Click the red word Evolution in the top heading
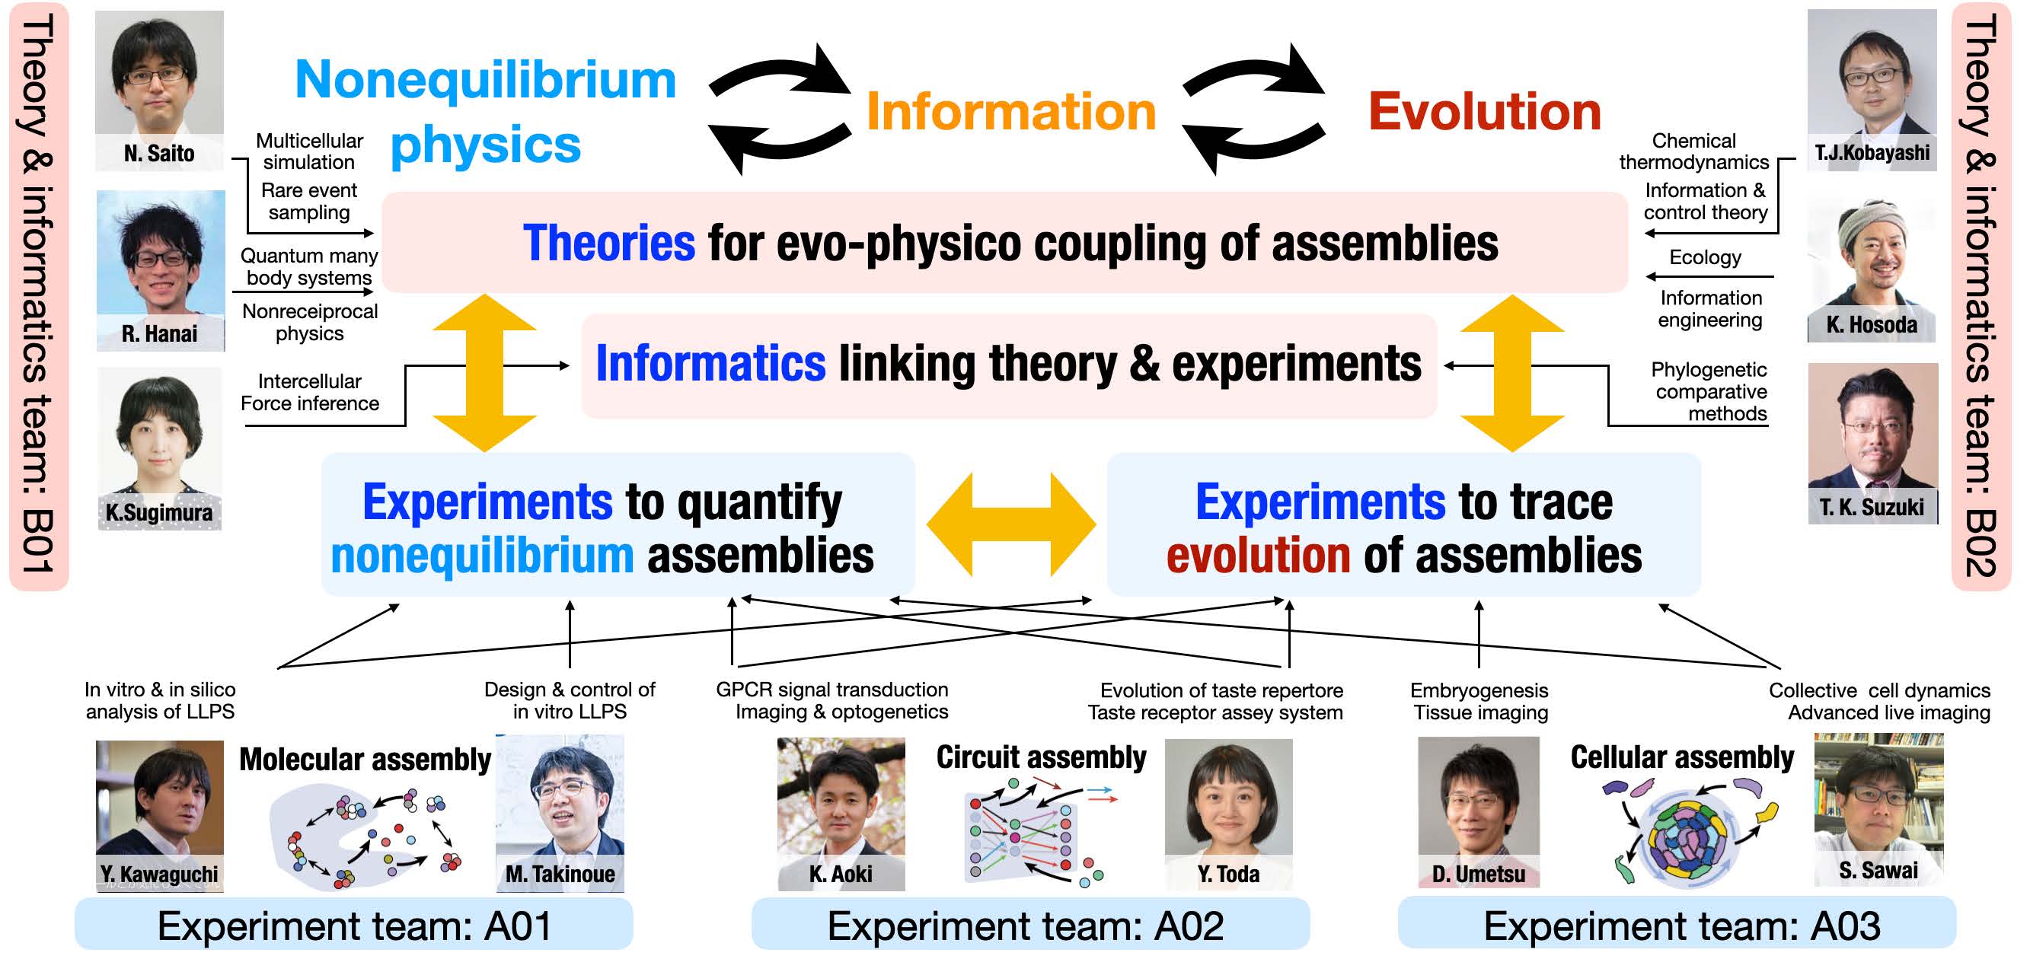[x=1485, y=111]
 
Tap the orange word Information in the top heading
[x=1011, y=111]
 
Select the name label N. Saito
[x=159, y=153]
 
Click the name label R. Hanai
[x=159, y=334]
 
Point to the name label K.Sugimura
[x=159, y=513]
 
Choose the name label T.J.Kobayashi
[x=1872, y=152]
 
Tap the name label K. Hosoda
[x=1872, y=325]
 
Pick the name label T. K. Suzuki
[x=1872, y=507]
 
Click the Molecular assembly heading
[x=365, y=760]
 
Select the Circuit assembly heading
[x=1041, y=757]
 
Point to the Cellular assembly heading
[x=1683, y=757]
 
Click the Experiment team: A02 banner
[x=1030, y=924]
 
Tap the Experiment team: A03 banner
[x=1677, y=924]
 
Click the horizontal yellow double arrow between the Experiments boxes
[x=1011, y=524]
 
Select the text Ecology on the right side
[x=1706, y=258]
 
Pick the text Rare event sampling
[x=309, y=202]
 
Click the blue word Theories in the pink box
[x=609, y=243]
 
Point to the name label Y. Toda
[x=1228, y=874]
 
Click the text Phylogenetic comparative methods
[x=1710, y=392]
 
